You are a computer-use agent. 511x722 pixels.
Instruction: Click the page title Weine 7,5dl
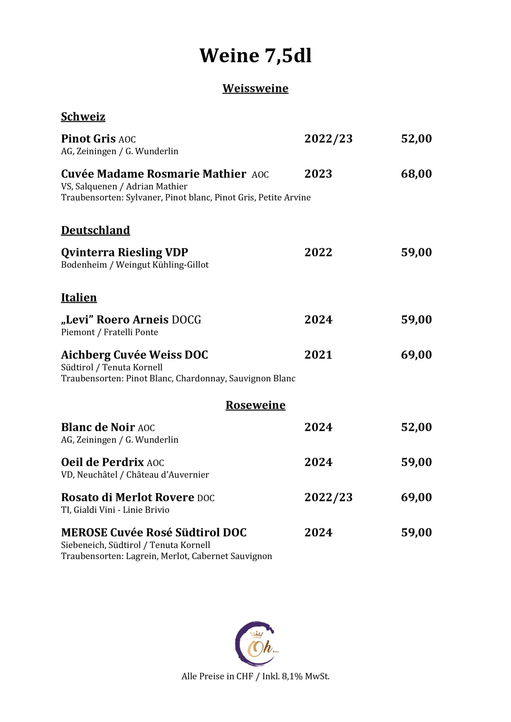tap(255, 56)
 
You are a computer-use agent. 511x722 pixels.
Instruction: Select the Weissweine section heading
tap(255, 89)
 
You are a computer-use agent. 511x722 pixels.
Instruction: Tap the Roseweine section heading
tap(255, 405)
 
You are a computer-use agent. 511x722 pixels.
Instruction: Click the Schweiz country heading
tap(83, 117)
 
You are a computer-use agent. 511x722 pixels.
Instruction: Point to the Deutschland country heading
tap(95, 230)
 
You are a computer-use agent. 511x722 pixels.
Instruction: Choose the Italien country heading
tap(79, 297)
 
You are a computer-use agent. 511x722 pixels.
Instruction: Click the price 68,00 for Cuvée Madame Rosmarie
tap(416, 174)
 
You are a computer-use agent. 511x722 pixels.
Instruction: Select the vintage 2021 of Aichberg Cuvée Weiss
tap(318, 355)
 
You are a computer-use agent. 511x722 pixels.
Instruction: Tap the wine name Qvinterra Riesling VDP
tap(124, 252)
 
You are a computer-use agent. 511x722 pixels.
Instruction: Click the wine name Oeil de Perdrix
tap(102, 462)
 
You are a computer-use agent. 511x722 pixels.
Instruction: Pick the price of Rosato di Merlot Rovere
tap(416, 497)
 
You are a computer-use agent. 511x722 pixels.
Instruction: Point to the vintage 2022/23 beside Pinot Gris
tap(328, 139)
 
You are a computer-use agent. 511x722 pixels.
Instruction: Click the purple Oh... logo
tap(256, 643)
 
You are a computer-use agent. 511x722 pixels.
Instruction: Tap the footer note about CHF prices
tap(255, 676)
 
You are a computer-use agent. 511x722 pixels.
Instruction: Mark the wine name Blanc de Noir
tap(98, 427)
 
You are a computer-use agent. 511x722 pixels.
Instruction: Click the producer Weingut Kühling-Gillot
tap(162, 265)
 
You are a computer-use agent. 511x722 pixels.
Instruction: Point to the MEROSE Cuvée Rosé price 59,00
tap(416, 532)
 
